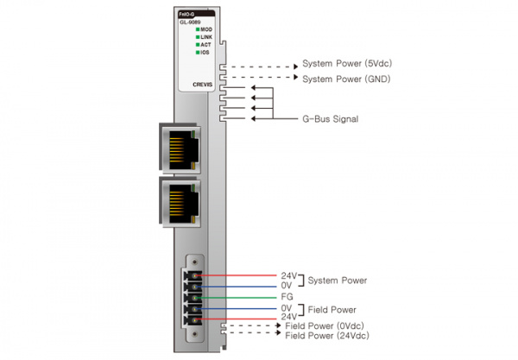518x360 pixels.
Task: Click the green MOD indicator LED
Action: pyautogui.click(x=198, y=29)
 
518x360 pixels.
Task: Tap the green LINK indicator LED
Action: pyautogui.click(x=198, y=37)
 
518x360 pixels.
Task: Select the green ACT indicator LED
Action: pyautogui.click(x=198, y=45)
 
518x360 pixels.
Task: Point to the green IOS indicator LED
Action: pyautogui.click(x=198, y=53)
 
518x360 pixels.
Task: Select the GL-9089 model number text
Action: pyautogui.click(x=191, y=22)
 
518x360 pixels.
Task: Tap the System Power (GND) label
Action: pyautogui.click(x=344, y=79)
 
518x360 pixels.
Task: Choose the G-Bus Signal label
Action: pyautogui.click(x=329, y=119)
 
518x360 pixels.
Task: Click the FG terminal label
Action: pyautogui.click(x=287, y=296)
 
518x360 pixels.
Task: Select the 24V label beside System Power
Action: pyautogui.click(x=289, y=275)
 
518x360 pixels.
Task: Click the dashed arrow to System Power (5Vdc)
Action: pyautogui.click(x=259, y=65)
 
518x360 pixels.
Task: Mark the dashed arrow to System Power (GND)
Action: pyautogui.click(x=259, y=79)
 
